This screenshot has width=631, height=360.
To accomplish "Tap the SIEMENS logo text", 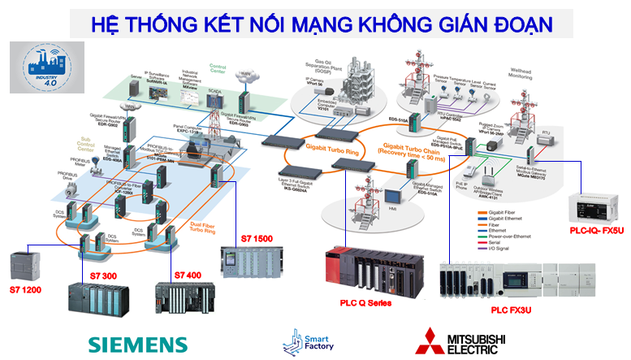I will coord(137,344).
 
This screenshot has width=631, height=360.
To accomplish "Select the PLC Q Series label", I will coord(365,302).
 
